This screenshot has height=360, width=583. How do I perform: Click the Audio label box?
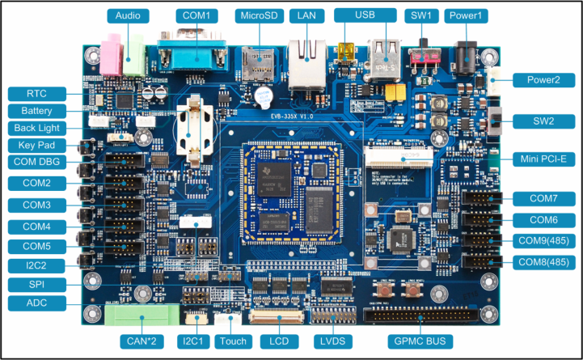128,16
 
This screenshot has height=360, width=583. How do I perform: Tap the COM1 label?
196,16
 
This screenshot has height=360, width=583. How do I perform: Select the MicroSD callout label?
258,16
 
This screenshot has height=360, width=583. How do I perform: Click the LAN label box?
306,16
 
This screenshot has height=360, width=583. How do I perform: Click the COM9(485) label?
546,240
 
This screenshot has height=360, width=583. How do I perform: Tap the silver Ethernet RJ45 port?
306,62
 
